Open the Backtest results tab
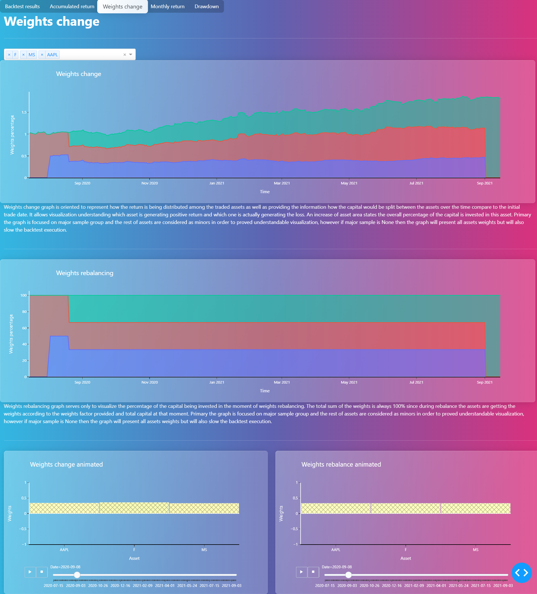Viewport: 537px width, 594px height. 22,6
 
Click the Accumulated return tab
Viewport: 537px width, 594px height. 72,6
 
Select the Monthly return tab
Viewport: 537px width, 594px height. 167,6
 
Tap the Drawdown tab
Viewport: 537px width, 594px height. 206,6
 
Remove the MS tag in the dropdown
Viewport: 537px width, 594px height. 23,55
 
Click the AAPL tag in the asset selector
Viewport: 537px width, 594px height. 52,55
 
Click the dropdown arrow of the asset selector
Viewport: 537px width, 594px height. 131,55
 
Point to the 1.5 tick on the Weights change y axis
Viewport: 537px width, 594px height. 24,112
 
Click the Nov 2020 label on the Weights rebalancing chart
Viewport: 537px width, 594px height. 150,382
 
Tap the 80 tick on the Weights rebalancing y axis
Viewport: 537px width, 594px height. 24,312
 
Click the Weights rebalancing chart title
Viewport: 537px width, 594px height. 85,273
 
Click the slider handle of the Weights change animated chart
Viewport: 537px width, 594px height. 77,575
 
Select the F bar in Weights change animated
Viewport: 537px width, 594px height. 134,508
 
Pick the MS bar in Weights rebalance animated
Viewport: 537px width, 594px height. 475,508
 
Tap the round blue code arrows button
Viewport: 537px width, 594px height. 521,573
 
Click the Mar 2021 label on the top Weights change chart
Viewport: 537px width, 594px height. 282,183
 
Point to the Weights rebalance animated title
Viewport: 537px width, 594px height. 341,464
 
